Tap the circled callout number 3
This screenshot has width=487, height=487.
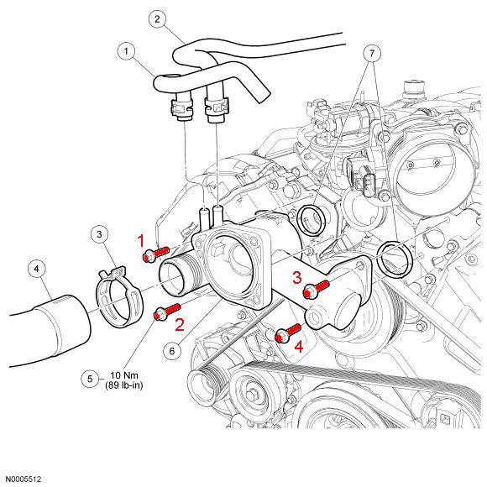99,233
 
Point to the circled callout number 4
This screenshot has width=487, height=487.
36,269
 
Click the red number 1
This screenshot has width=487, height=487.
143,240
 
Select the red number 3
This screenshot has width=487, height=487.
296,277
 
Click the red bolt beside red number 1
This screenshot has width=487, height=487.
158,252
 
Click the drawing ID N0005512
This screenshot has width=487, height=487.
24,479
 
